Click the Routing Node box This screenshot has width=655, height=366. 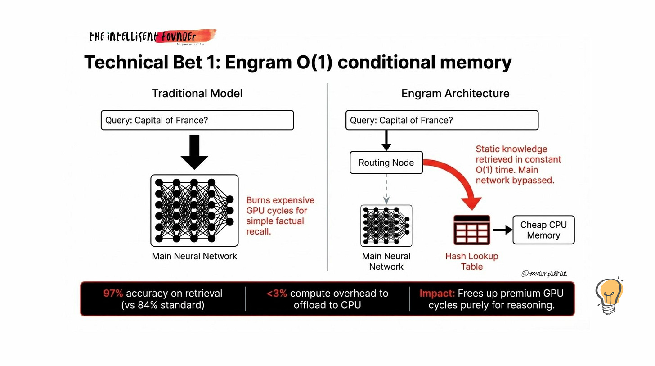point(386,163)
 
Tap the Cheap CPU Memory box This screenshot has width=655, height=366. point(543,230)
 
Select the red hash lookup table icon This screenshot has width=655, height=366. point(471,230)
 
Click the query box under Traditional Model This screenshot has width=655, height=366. point(197,120)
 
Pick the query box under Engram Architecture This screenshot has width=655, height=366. point(442,120)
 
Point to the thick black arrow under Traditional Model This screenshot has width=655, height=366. point(194,151)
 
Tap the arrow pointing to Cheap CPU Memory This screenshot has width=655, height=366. point(502,230)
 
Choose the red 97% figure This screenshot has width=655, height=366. point(113,294)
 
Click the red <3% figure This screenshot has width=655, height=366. point(276,294)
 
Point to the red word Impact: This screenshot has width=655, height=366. point(437,294)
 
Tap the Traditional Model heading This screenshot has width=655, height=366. point(197,93)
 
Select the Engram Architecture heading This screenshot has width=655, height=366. point(455,93)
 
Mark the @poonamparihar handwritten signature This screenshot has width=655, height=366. point(544,273)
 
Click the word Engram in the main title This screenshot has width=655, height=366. point(257,62)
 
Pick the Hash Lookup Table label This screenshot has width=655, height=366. point(471,261)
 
